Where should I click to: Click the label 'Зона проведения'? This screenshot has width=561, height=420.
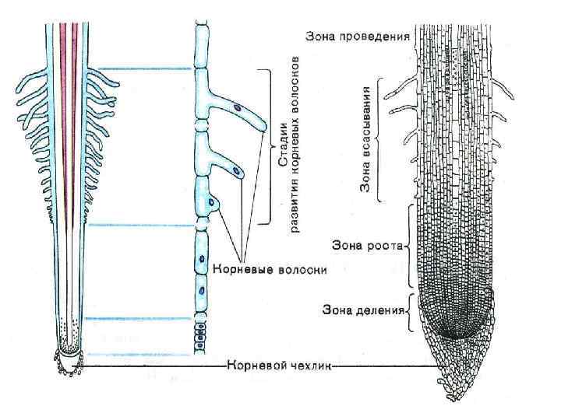tap(358, 36)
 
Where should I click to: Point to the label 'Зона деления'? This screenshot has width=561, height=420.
tap(363, 310)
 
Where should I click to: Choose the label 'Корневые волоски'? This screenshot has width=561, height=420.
tap(270, 269)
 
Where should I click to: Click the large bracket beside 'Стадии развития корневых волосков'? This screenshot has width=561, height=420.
tap(267, 146)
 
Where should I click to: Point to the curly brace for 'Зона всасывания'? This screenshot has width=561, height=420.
tap(379, 138)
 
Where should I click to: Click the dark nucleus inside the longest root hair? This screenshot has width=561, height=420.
tap(237, 107)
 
